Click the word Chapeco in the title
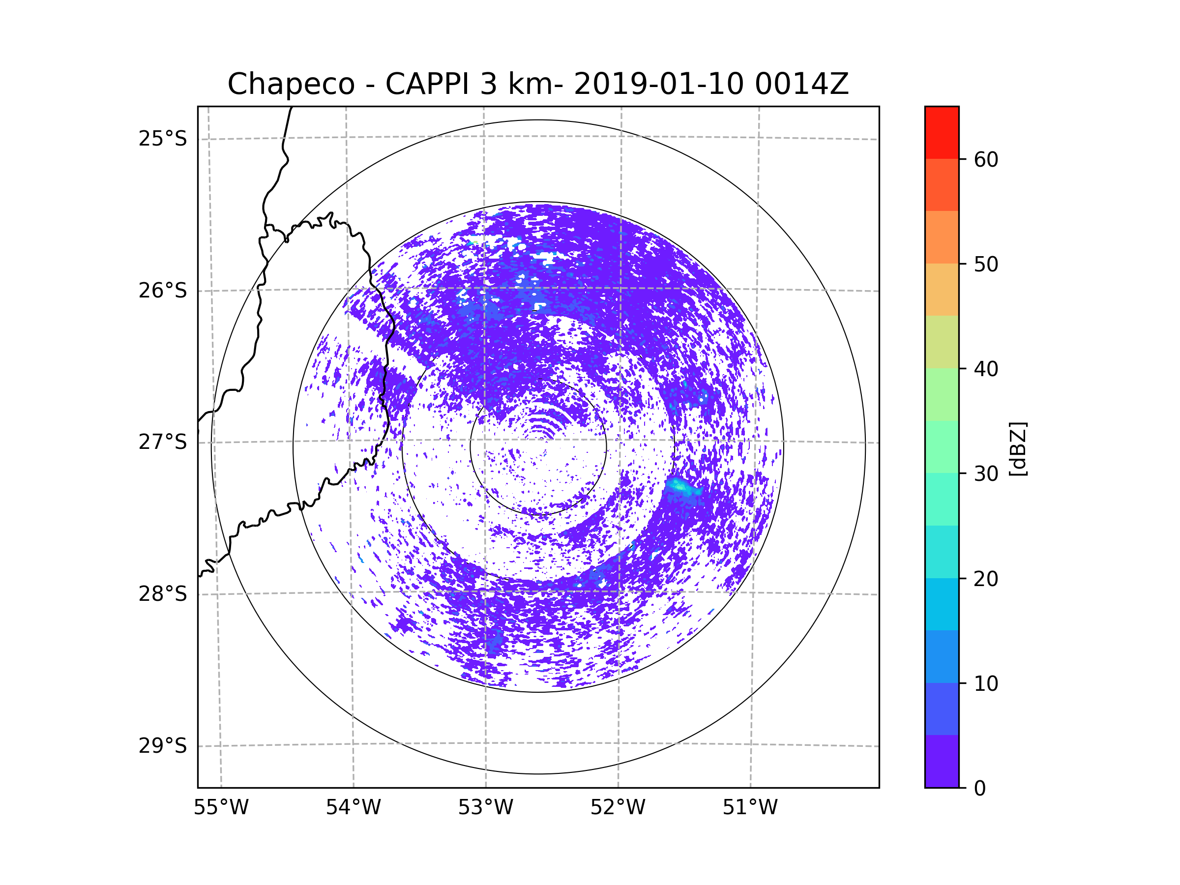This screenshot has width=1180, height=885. [291, 84]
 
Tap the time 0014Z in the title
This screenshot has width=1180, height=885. [801, 84]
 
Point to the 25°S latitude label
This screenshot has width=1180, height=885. [163, 139]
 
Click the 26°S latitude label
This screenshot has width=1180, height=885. [163, 291]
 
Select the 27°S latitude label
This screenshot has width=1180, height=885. [163, 442]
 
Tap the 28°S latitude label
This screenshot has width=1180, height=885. [163, 594]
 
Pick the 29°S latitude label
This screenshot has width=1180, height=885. [163, 746]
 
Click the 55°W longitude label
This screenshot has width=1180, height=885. [221, 808]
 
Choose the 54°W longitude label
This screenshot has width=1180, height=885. [353, 808]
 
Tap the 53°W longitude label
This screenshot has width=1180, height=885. [485, 808]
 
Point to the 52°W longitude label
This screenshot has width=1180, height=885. [618, 808]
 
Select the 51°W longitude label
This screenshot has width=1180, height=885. [750, 808]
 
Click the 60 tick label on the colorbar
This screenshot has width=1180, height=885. [986, 159]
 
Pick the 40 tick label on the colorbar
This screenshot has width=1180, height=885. [986, 369]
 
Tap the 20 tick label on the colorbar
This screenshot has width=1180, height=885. [986, 579]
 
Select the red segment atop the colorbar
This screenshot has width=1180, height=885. [942, 132]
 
